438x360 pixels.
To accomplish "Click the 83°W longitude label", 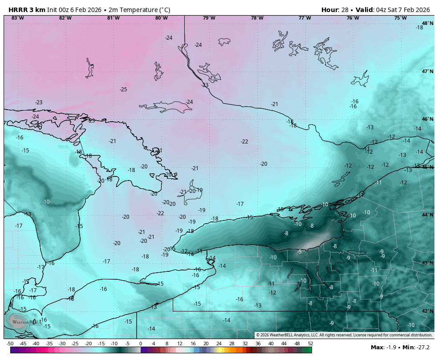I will point(17,18).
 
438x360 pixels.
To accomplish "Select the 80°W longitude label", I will point(161,18).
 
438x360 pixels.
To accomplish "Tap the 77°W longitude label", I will point(304,18).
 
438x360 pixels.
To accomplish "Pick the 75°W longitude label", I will point(400,18).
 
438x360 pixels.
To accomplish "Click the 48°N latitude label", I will point(427,23).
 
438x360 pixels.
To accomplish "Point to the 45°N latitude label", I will point(427,167).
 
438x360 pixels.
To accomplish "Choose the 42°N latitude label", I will point(427,311).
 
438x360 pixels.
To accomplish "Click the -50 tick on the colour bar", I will point(10,344).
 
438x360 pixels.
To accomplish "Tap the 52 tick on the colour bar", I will point(310,344).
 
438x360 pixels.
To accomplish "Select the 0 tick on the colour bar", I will point(141,344).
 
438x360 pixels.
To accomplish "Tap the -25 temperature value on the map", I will point(123,90).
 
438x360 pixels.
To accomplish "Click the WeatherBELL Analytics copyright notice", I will point(344,335).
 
